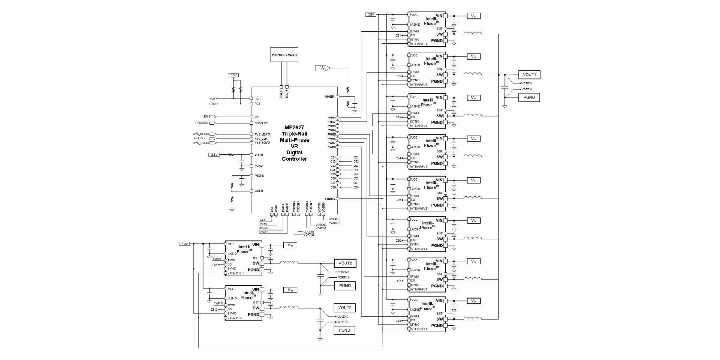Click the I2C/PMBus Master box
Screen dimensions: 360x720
284,55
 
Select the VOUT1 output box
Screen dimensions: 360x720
529,75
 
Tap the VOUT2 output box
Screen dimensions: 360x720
345,263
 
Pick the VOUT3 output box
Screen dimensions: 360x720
345,308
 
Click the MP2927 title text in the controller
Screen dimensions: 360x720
294,127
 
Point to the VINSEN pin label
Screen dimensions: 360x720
330,96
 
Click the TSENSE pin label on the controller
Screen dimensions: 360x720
330,199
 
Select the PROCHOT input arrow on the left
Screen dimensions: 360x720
213,123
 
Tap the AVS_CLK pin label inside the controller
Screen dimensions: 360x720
262,139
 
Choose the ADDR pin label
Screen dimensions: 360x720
259,191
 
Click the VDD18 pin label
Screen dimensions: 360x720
259,175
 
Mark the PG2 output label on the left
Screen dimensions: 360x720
212,104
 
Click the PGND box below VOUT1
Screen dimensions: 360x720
529,97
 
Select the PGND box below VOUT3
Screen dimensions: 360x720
344,330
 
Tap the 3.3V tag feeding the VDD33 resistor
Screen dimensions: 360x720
214,154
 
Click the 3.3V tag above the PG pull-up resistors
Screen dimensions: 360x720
234,75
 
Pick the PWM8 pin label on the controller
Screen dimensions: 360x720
331,147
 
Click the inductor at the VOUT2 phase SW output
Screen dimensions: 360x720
289,263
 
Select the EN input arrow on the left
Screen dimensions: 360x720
213,117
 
